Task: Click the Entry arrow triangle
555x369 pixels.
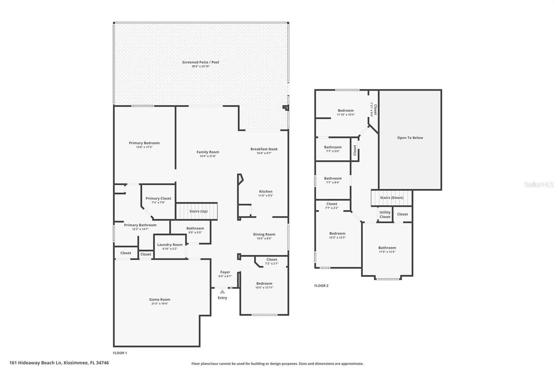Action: (222, 292)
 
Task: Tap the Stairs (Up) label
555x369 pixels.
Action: (199, 211)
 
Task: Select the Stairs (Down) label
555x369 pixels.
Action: (392, 198)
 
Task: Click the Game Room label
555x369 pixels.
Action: (160, 299)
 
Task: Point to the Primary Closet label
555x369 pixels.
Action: (158, 198)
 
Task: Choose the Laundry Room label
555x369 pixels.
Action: (170, 245)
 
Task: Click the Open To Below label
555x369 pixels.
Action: (410, 138)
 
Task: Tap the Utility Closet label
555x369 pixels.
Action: (385, 215)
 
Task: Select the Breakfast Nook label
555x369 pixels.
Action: (264, 149)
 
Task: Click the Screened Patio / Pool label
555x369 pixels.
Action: (201, 62)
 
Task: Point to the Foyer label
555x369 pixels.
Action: (225, 272)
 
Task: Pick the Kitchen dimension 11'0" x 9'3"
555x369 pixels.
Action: (266, 196)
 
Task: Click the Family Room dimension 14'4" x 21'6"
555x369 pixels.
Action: (208, 156)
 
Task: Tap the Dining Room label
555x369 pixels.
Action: (264, 234)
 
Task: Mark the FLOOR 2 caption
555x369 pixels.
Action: (321, 286)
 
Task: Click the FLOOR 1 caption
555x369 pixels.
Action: (120, 353)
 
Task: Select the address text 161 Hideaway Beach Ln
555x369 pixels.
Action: (36, 363)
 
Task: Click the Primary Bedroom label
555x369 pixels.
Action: (144, 143)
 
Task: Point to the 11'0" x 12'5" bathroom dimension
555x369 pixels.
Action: (387, 252)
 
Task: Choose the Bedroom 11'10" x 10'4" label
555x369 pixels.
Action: (346, 110)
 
